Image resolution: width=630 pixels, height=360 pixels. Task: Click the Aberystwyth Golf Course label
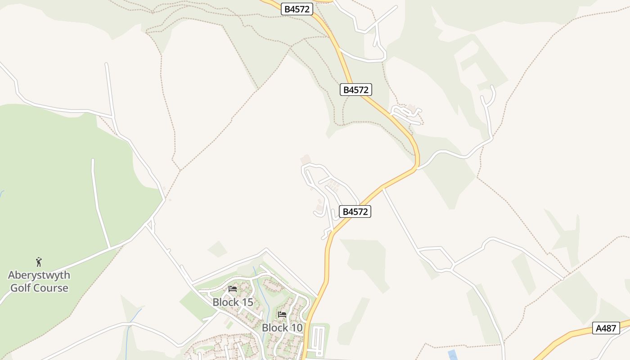point(39,281)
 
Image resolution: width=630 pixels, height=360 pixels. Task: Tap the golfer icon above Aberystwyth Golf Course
point(39,261)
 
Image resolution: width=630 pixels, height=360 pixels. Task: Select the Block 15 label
point(233,302)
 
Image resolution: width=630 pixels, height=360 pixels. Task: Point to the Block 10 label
point(282,328)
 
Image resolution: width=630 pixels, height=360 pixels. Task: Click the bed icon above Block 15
point(233,288)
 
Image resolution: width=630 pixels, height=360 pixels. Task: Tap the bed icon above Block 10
point(282,314)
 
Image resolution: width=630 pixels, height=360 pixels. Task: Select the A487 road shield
point(606,328)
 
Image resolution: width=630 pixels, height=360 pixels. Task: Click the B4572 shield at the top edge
point(297,9)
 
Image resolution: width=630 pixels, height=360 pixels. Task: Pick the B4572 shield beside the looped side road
point(355,211)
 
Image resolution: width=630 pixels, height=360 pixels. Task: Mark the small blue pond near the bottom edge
point(452,355)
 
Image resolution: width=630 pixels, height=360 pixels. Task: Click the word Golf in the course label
point(20,288)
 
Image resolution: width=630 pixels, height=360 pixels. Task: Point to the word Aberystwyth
point(39,275)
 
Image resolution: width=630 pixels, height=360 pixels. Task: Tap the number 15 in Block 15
point(247,302)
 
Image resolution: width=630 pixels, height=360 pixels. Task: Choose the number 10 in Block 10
point(296,328)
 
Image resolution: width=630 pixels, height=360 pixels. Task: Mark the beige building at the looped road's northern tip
point(306,159)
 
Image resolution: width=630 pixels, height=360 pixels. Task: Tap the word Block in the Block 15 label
point(225,302)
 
